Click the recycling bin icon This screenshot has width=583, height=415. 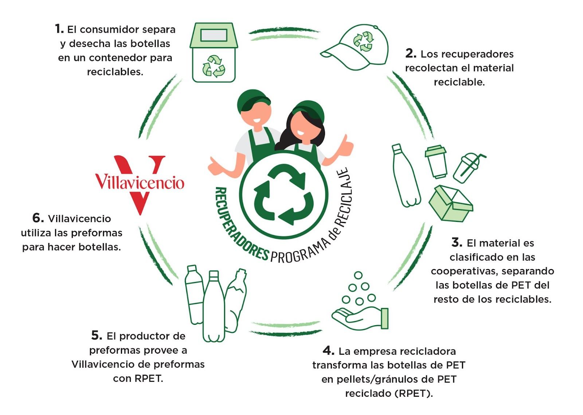click(214, 53)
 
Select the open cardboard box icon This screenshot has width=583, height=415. click(451, 204)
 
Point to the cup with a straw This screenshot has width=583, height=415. click(469, 168)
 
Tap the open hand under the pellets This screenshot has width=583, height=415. click(360, 318)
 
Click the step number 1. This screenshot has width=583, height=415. click(59, 29)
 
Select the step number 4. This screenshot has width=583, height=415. click(328, 350)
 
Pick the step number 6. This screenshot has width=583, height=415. click(38, 218)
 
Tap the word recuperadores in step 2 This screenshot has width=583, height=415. click(467, 54)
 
